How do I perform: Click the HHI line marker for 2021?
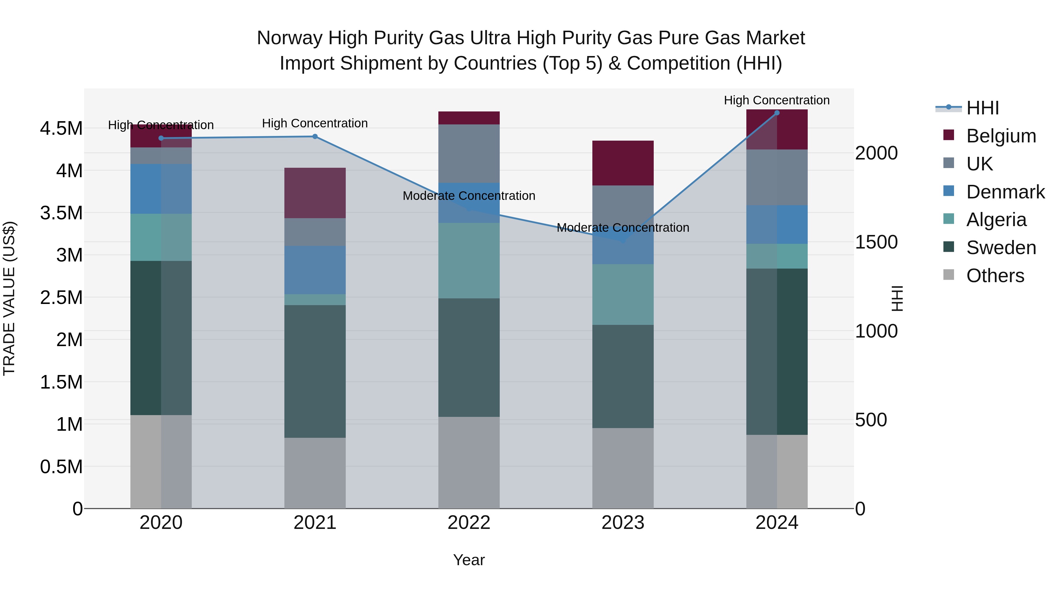click(315, 136)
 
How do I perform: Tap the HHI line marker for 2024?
click(777, 113)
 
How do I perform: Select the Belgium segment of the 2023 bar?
click(623, 163)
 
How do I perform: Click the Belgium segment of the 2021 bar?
click(315, 193)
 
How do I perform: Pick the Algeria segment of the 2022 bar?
click(469, 260)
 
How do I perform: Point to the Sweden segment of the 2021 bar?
click(315, 371)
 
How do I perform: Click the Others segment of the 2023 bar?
click(623, 468)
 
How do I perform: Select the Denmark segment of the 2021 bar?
click(315, 270)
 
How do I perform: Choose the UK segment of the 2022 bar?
click(469, 153)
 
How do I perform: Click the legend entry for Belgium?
click(1001, 136)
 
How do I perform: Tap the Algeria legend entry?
click(996, 220)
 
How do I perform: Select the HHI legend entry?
click(982, 108)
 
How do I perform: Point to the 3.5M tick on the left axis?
click(61, 213)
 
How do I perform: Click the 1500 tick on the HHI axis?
click(876, 242)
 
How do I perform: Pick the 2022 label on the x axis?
click(469, 523)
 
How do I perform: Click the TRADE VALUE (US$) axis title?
click(9, 298)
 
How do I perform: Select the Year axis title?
click(469, 560)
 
